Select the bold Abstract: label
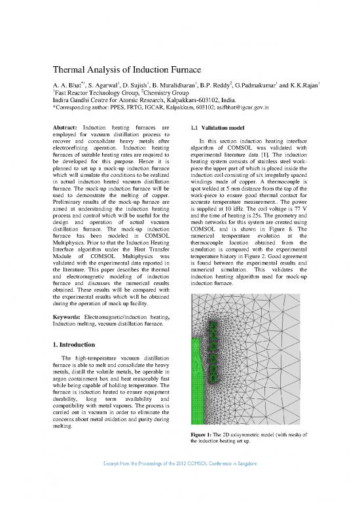tap(67, 128)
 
